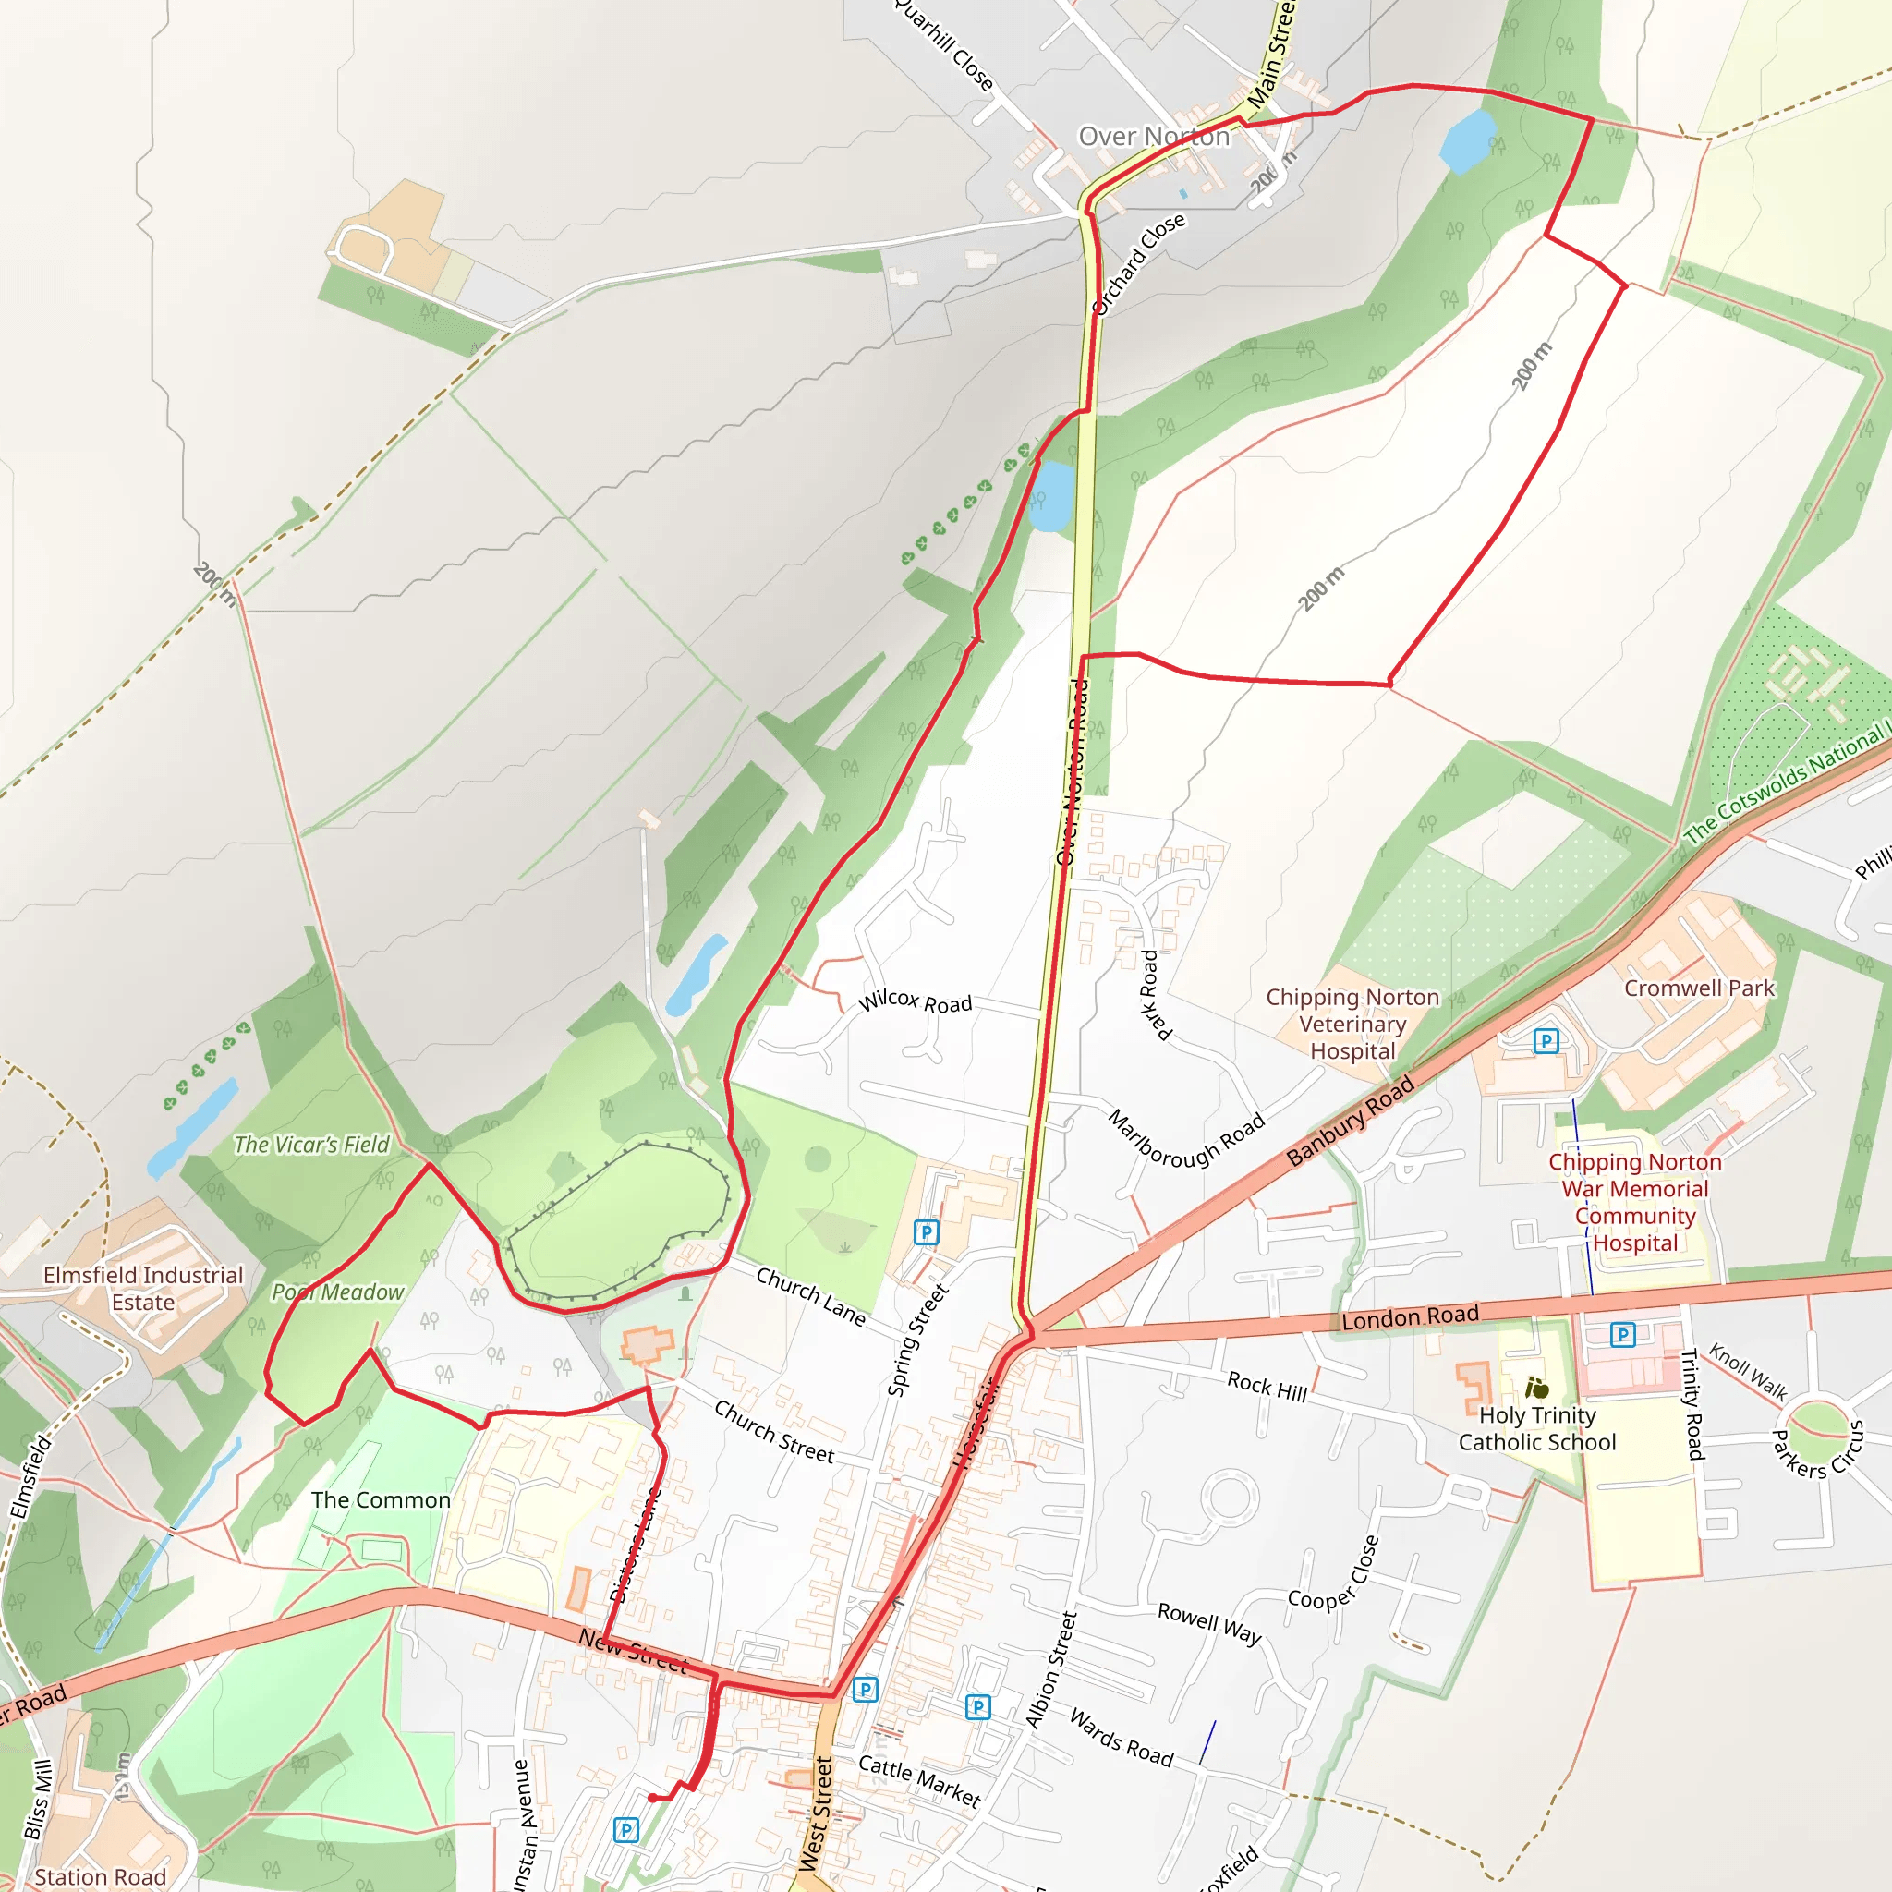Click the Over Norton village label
[1153, 136]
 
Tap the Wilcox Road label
[915, 1001]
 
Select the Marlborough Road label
[1186, 1138]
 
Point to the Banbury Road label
[1350, 1121]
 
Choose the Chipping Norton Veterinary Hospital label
[1352, 1024]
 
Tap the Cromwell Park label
[1699, 988]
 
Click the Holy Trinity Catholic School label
[1536, 1428]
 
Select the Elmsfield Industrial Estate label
[143, 1288]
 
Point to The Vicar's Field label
[311, 1144]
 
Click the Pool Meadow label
[338, 1292]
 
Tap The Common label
[381, 1499]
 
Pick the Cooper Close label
[1334, 1571]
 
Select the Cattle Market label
[918, 1780]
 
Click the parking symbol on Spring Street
[926, 1232]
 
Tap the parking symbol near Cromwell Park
[1546, 1041]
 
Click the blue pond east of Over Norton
[1468, 140]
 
